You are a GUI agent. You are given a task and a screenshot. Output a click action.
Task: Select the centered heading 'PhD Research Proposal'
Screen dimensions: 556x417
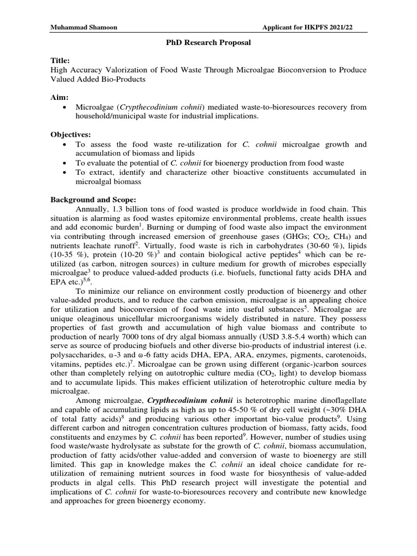click(x=208, y=43)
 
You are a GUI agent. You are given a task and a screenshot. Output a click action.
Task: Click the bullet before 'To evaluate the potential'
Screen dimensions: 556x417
click(x=65, y=163)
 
